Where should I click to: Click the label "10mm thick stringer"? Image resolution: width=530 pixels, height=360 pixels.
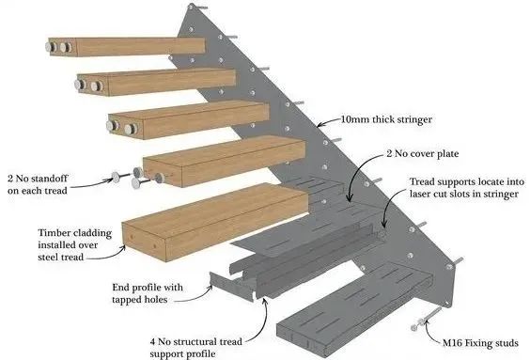386,119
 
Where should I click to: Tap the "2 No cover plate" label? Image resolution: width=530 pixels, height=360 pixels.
423,154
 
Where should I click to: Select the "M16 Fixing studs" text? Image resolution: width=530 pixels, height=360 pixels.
480,343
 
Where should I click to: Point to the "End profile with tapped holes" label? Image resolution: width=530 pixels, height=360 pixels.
148,293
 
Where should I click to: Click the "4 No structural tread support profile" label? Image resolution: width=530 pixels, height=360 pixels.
196,348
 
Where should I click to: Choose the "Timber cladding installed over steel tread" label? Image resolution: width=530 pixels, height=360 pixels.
74,244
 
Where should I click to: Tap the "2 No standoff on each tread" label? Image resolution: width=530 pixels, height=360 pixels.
38,184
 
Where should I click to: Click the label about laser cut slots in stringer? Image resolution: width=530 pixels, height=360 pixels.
467,188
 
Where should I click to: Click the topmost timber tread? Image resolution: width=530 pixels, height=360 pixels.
125,47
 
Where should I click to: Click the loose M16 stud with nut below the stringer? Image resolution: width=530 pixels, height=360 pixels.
427,319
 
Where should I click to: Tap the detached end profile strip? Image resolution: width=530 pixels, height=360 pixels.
231,286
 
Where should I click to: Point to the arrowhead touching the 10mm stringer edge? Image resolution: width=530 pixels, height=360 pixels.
320,124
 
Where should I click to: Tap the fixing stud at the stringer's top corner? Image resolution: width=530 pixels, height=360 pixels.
195,8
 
